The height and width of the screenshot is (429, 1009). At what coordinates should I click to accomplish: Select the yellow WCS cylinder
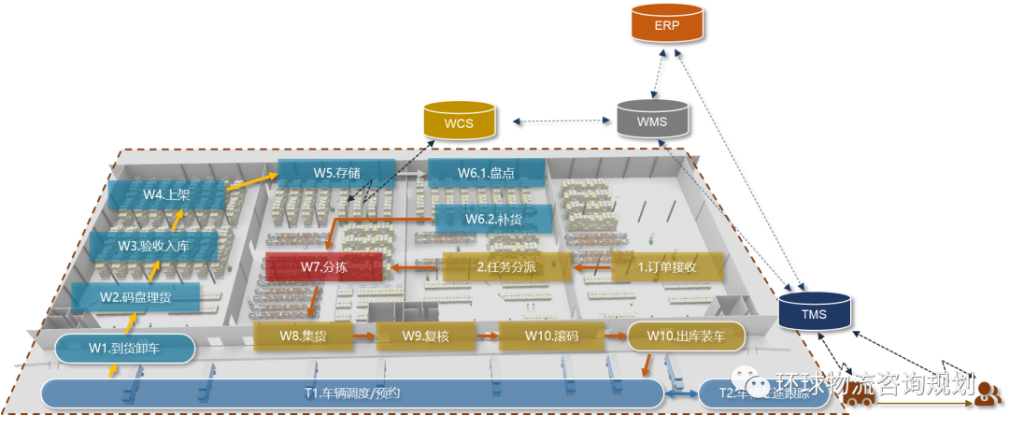coord(459,122)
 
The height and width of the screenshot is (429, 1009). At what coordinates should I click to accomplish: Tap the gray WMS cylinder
coord(652,119)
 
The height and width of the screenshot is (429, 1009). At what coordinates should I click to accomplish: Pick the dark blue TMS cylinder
coord(814,312)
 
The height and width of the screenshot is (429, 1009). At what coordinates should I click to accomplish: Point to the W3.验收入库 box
coord(154,246)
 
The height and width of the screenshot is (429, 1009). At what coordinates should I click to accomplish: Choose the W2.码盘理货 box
coord(135,297)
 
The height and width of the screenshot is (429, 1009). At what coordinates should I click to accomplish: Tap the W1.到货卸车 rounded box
coord(125,348)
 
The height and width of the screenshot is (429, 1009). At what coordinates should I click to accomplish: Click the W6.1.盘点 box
coord(486,173)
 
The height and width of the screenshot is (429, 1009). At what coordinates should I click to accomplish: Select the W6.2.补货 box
coord(494,219)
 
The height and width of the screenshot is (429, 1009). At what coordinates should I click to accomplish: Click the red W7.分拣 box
coord(324,266)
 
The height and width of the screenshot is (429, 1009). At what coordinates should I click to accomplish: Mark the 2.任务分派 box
coord(506,266)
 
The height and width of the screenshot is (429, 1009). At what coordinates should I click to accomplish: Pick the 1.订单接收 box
coord(667,266)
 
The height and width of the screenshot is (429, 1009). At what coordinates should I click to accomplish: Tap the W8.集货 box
coord(303,336)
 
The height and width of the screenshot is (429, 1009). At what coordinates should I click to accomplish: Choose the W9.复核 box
coord(426,336)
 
